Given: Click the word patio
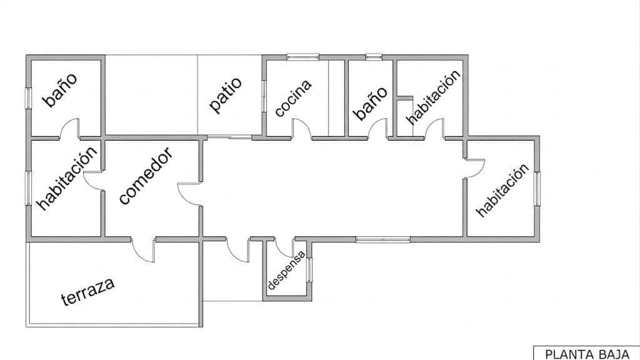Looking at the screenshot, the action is [x=225, y=96].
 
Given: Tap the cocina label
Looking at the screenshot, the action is [x=294, y=98].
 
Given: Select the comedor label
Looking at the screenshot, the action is [x=146, y=176].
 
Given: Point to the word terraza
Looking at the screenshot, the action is [x=87, y=291].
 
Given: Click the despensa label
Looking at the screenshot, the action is [x=286, y=270].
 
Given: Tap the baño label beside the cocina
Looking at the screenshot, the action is [x=369, y=103].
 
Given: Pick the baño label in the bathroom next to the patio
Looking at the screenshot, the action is [x=59, y=90].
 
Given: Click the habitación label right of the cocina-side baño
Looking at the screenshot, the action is [x=434, y=97].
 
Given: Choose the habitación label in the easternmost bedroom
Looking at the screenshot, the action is [x=502, y=191].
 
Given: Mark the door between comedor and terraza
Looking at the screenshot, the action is [x=143, y=250].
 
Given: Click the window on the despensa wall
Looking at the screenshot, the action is [x=309, y=270].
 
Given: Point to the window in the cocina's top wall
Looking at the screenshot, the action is [x=302, y=57].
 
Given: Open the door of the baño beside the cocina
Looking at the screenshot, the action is [x=378, y=128].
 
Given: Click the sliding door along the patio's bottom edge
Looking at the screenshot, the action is [x=229, y=137].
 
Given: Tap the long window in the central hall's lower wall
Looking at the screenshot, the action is [x=383, y=239].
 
